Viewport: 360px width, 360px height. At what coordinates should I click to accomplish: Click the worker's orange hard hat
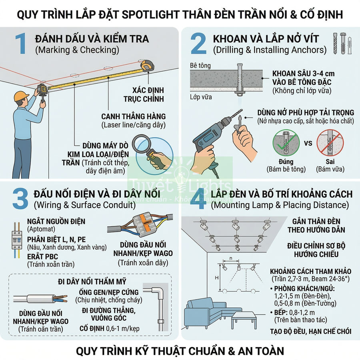[21, 96]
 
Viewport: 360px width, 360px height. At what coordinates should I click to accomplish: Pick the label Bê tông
[200, 65]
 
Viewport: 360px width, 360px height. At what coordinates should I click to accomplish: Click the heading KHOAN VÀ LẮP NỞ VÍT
[266, 39]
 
